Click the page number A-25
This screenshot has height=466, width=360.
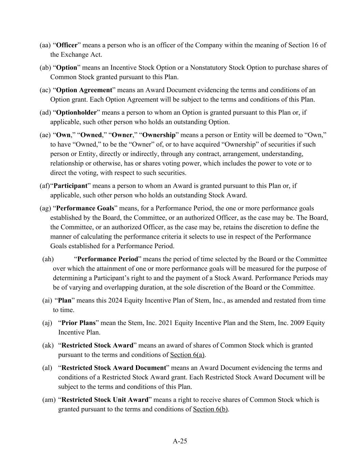click(180, 441)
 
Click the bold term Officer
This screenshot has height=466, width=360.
click(67, 45)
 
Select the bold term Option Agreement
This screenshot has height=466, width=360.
click(84, 90)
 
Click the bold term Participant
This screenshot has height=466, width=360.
click(70, 186)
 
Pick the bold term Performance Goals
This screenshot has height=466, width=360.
click(85, 208)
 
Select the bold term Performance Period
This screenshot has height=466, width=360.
click(107, 259)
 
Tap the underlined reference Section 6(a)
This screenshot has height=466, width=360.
click(187, 355)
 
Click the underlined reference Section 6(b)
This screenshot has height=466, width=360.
click(210, 409)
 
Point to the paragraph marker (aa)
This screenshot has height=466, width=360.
click(45, 45)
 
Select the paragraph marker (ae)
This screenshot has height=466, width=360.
click(45, 135)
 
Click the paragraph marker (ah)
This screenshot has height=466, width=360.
click(48, 259)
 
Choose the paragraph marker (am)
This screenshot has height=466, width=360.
click(49, 400)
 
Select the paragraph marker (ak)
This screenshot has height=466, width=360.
click(48, 345)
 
